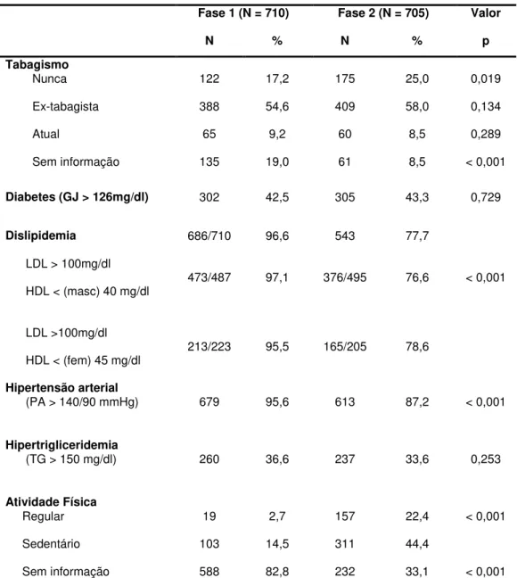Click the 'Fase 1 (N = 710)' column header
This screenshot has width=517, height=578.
tap(243, 13)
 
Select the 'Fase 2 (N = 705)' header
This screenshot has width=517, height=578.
tap(383, 13)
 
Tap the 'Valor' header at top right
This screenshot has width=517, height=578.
tap(486, 12)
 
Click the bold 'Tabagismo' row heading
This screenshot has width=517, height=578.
tap(37, 64)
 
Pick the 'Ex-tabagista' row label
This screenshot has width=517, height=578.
tap(66, 106)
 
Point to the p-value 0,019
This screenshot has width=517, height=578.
tap(486, 78)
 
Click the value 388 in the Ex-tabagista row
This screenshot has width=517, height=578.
tap(209, 106)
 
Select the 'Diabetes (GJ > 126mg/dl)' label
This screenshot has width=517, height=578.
tap(77, 197)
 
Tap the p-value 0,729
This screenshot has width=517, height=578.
tap(486, 197)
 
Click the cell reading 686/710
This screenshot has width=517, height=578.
tap(209, 235)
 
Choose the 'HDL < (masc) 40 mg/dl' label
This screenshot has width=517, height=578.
tap(87, 292)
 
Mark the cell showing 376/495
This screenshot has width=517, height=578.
tap(345, 277)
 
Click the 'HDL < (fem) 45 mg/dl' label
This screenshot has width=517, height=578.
tap(83, 360)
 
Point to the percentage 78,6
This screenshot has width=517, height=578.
tap(417, 347)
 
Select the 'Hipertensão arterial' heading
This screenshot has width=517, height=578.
tap(62, 388)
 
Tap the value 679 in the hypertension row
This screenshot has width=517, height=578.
tap(209, 401)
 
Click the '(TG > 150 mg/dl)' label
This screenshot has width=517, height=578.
tap(71, 459)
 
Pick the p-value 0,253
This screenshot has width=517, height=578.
tap(486, 459)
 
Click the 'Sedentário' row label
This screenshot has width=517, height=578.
tap(51, 544)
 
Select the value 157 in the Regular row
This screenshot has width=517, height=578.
tap(345, 516)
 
